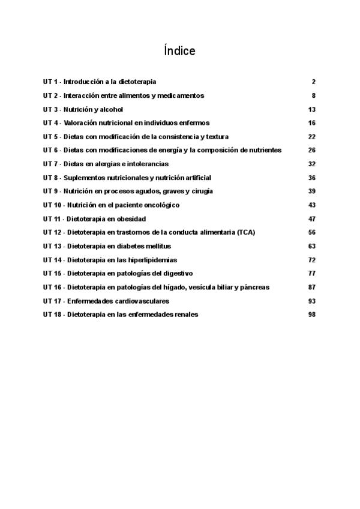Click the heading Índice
point(179,51)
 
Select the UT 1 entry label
point(50,82)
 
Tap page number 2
point(313,82)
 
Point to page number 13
point(311,109)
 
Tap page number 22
point(311,137)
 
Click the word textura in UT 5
point(217,137)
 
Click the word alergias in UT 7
point(102,164)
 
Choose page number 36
point(311,178)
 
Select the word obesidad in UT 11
point(130,219)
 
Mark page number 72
point(311,260)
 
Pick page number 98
point(311,315)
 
